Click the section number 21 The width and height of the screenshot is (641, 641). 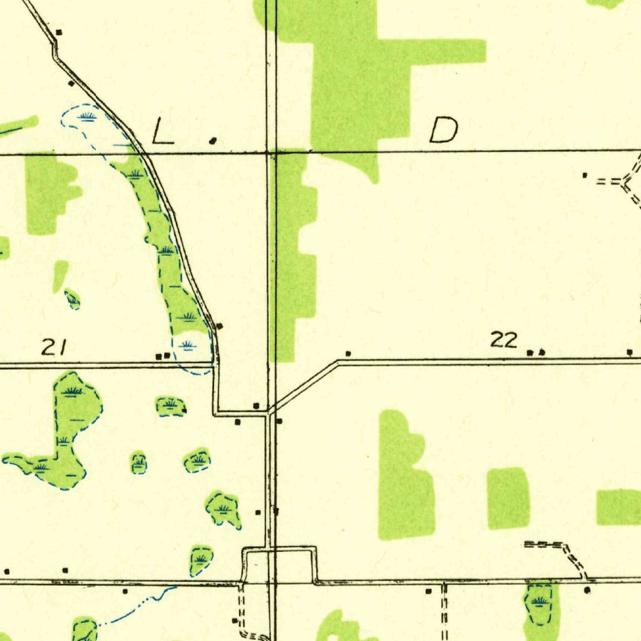[x=53, y=347]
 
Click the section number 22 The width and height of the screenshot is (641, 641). [x=504, y=340]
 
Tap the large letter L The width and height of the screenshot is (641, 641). [x=163, y=132]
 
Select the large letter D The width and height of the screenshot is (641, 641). [x=444, y=130]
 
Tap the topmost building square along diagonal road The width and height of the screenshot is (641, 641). [x=59, y=31]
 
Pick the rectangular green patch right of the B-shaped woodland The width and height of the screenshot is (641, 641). [x=508, y=498]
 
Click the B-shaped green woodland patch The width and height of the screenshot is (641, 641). [x=405, y=479]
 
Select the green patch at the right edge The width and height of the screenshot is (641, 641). [x=618, y=507]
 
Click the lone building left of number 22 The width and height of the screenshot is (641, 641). [x=348, y=354]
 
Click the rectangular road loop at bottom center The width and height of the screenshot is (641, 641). [x=279, y=565]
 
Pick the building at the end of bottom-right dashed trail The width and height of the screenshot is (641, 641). [x=587, y=590]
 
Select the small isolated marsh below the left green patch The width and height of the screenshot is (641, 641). [x=73, y=300]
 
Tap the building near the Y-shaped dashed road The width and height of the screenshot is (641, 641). [x=585, y=175]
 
